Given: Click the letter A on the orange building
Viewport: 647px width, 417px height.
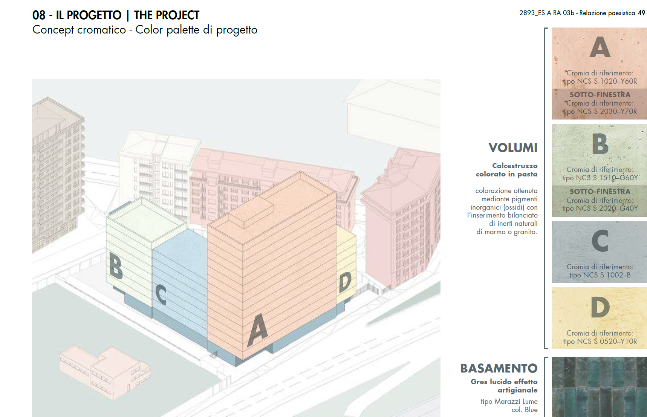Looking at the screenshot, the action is (x=258, y=330).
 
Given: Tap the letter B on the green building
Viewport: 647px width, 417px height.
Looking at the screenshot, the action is (x=116, y=265).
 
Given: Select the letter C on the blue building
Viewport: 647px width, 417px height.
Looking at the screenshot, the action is (x=161, y=294).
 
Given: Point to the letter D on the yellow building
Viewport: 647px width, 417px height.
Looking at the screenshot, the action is (x=345, y=282).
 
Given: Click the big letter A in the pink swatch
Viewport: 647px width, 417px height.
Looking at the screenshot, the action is (x=600, y=47).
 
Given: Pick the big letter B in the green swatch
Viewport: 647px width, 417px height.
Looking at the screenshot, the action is (x=600, y=144).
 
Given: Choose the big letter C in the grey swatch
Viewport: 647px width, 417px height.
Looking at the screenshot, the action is (x=600, y=241).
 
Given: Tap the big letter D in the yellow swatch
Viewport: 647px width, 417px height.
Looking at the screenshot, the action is (x=600, y=307).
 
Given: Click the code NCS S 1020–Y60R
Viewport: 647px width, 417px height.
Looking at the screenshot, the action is (x=607, y=81).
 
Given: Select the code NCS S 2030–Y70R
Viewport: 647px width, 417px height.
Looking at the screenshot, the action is (x=607, y=112).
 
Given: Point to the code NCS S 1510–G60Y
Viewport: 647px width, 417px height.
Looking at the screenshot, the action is (x=607, y=178).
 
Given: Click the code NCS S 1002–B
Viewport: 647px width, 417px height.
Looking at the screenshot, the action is (x=607, y=275).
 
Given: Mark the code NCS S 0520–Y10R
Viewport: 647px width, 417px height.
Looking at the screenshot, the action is (x=607, y=342).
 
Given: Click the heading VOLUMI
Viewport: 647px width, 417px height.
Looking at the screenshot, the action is (x=513, y=148).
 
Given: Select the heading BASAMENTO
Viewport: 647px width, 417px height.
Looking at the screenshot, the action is (x=499, y=368).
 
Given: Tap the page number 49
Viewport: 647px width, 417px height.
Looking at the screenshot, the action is (x=641, y=13).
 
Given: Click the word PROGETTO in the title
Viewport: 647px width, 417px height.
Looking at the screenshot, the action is (x=94, y=15).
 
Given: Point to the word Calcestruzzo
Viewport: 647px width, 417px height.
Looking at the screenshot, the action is (x=515, y=166).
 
